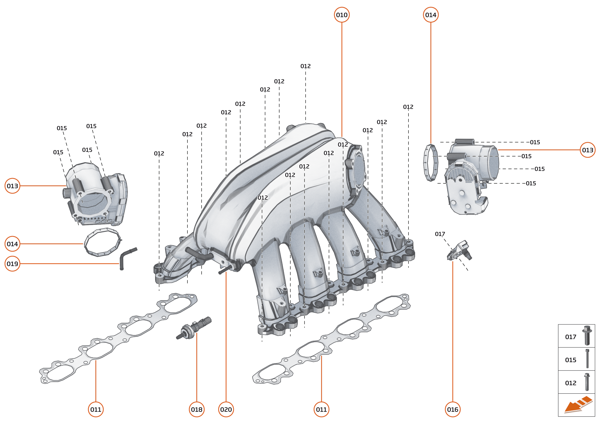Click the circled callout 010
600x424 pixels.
[x=342, y=15]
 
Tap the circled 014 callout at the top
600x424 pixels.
[x=431, y=15]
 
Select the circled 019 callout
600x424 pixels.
[x=12, y=264]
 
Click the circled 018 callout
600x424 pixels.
[x=197, y=409]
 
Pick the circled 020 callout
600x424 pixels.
[x=226, y=409]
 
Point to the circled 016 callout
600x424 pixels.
[x=453, y=409]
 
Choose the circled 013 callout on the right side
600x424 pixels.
[x=588, y=150]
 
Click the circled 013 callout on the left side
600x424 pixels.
[x=12, y=186]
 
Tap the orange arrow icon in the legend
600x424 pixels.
[x=577, y=405]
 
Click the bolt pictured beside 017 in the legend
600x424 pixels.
[x=587, y=335]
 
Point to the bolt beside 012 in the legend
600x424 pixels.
[x=587, y=382]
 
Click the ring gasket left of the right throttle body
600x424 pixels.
[x=430, y=163]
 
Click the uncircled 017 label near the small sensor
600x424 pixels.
[x=440, y=234]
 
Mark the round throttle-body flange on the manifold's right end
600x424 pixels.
[x=356, y=170]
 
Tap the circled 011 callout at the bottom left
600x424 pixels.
[x=96, y=409]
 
